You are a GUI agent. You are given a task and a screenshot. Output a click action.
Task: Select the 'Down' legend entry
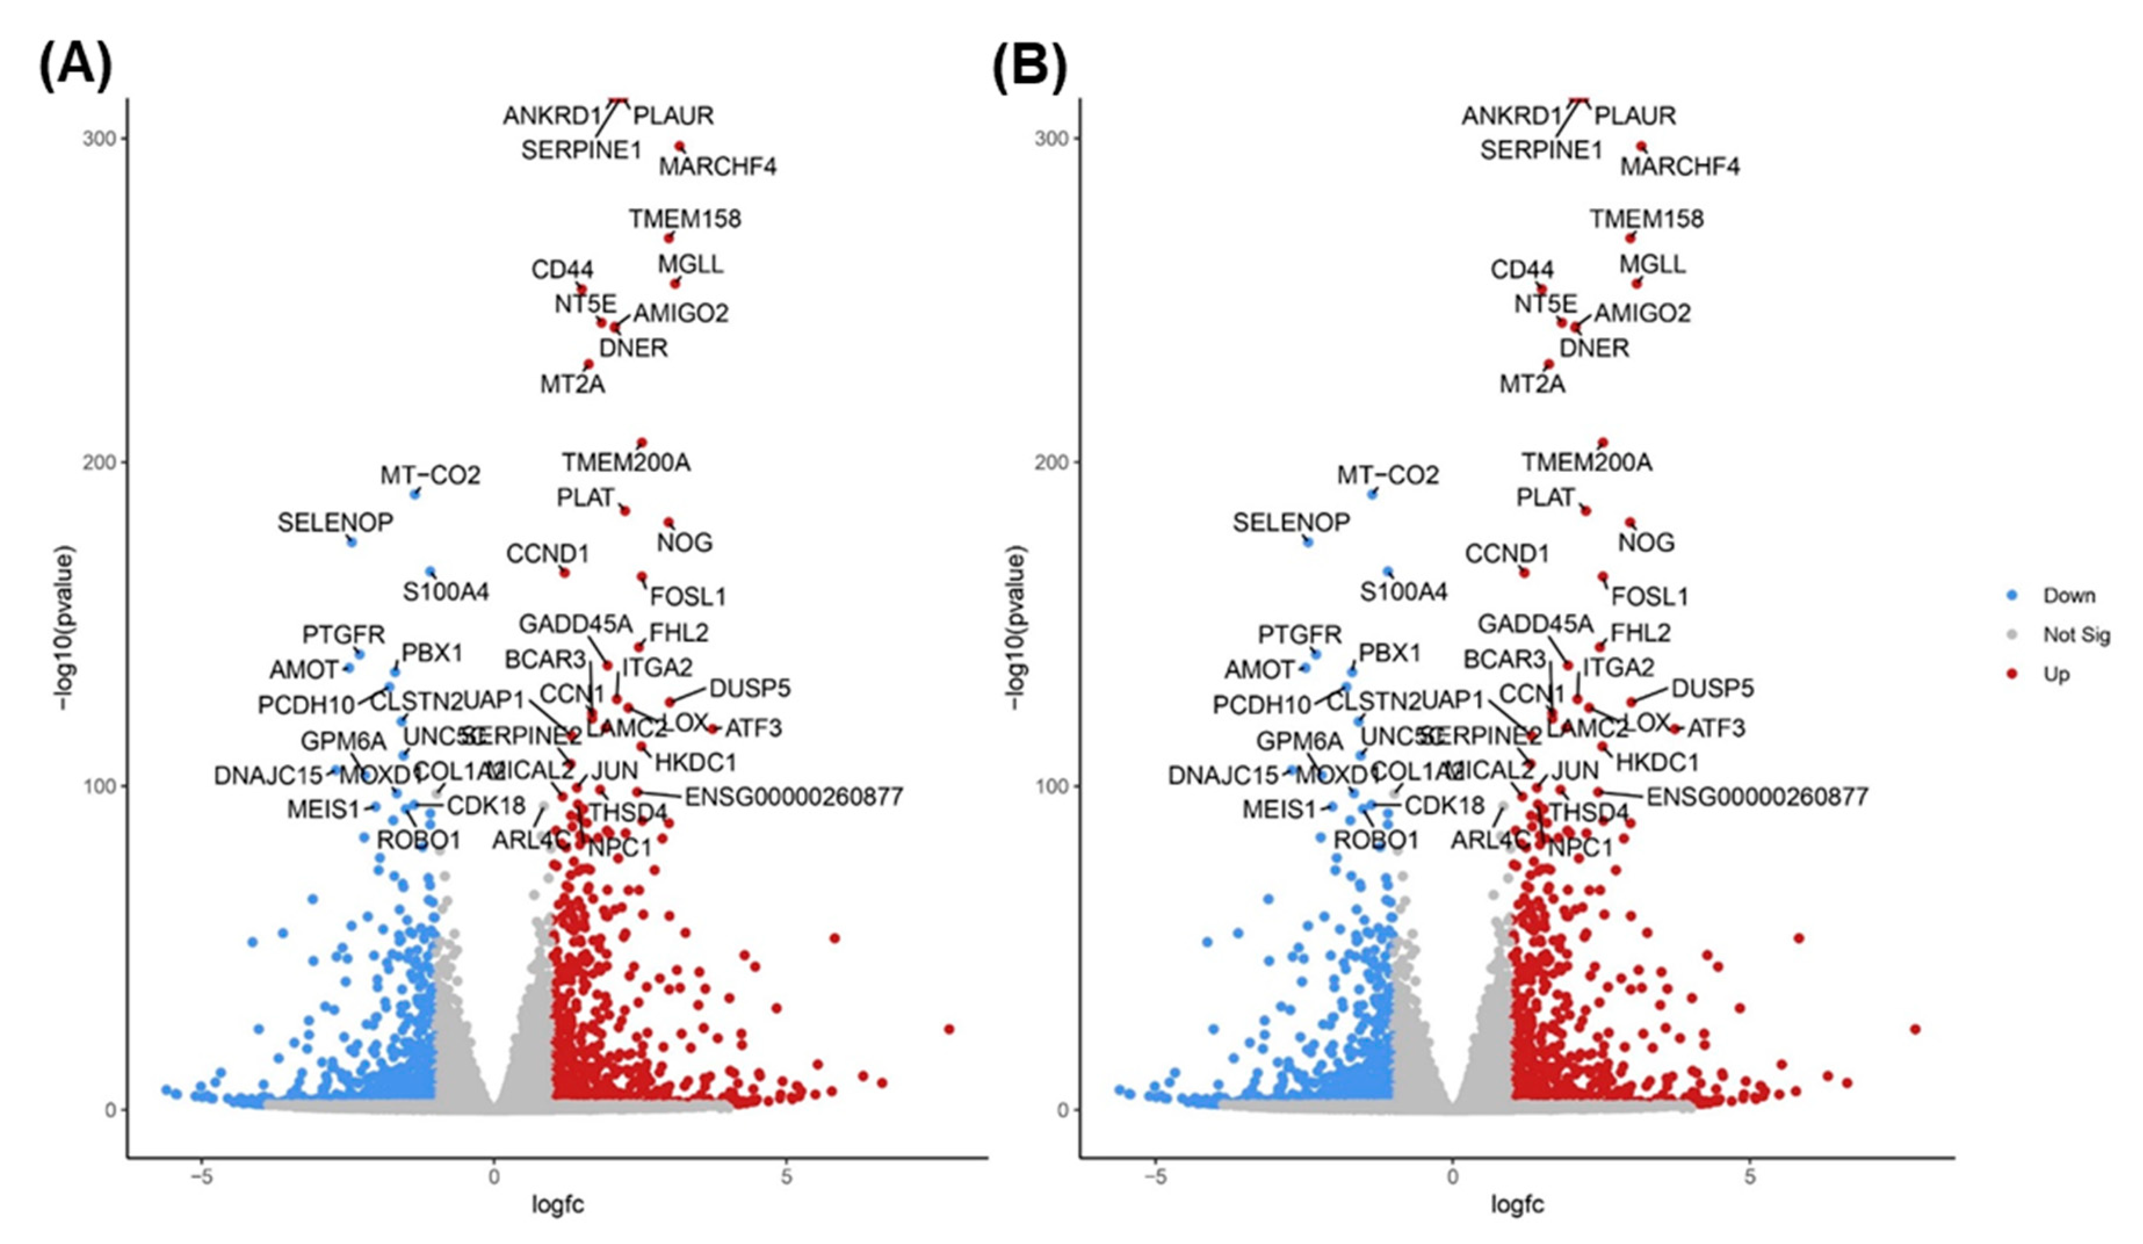pos(2068,595)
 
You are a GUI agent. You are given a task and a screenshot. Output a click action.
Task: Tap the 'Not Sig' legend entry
pos(2076,634)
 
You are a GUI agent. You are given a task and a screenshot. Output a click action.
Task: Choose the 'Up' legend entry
pos(2057,674)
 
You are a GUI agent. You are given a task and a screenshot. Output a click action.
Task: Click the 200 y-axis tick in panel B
pos(1051,462)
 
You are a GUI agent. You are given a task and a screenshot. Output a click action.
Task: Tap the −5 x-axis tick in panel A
pos(201,1178)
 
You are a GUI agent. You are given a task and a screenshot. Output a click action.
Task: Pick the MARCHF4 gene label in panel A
pos(718,167)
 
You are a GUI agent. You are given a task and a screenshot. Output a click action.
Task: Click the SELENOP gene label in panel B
pos(1291,522)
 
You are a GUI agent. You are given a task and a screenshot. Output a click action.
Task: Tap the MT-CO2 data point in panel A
pos(415,494)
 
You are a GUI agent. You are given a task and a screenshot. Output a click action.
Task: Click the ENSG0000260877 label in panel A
pos(793,797)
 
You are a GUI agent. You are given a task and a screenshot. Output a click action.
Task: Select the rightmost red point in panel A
pos(949,1029)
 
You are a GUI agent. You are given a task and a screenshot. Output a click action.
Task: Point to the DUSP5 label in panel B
pos(1712,688)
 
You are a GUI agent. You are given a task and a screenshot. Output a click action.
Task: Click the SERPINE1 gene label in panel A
pos(581,150)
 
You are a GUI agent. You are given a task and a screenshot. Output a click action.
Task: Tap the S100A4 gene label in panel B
pos(1403,592)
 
